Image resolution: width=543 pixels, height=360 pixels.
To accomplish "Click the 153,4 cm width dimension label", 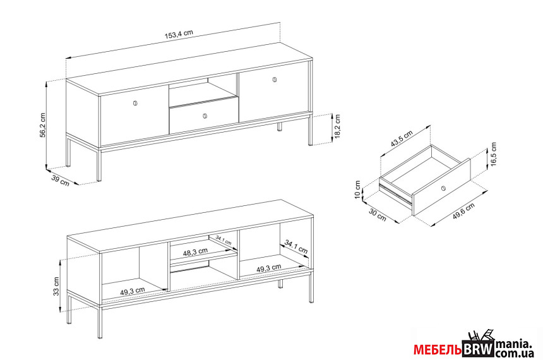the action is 179,33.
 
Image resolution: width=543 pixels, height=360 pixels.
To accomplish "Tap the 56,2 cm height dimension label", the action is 42,124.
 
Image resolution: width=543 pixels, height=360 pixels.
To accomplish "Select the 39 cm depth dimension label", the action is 60,180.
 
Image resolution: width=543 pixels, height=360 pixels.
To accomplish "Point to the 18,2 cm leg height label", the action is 338,127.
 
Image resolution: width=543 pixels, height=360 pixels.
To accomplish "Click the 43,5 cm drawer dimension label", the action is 402,138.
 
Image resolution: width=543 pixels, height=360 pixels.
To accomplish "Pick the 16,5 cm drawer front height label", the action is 494,154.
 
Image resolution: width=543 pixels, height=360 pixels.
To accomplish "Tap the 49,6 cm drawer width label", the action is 464,212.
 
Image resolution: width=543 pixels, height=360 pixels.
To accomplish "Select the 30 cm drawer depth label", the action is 377,215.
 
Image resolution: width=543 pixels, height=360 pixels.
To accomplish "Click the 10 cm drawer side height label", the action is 358,190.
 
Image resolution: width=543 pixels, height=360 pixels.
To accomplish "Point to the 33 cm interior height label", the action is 56,286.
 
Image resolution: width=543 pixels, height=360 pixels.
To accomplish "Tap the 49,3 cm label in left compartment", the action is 133,291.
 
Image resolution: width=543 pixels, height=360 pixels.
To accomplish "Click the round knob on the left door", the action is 135,103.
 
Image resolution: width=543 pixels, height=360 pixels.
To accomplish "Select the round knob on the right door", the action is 275,80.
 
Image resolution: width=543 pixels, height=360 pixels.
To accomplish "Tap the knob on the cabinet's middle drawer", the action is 205,116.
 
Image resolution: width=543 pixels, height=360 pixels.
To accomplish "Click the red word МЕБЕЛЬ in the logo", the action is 438,350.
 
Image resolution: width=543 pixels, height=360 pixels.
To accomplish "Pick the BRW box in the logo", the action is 478,349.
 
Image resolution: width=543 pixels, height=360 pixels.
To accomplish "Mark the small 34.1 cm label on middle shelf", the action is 224,240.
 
